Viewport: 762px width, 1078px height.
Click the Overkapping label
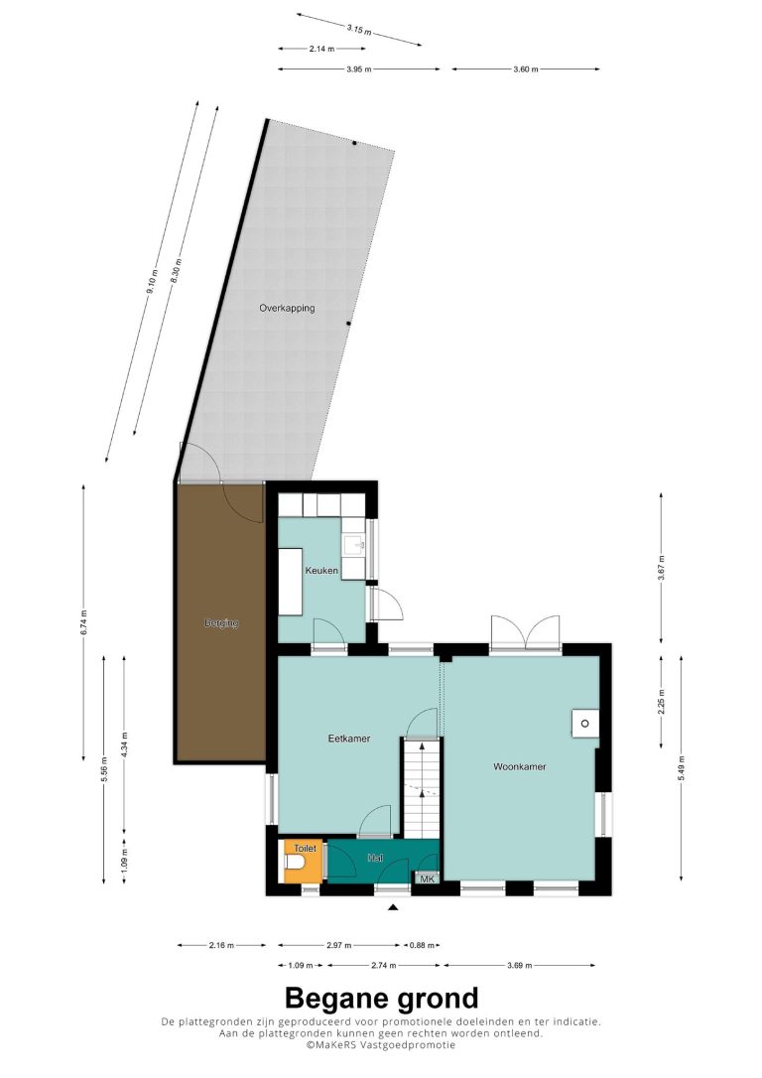click(287, 308)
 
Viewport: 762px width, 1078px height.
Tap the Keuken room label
click(321, 571)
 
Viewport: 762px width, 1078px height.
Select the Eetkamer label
click(349, 739)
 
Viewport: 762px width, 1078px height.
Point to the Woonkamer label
click(520, 766)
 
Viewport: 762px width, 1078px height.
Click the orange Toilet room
click(303, 860)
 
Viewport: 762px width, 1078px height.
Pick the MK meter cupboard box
click(427, 878)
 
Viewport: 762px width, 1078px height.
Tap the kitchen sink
click(354, 545)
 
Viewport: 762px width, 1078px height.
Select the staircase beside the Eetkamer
click(421, 788)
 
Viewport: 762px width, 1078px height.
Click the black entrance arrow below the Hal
click(393, 907)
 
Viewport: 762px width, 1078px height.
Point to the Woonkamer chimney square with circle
click(585, 724)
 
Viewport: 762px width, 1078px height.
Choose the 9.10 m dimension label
click(152, 282)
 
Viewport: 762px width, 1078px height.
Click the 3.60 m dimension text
click(526, 68)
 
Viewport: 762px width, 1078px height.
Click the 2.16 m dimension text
click(221, 945)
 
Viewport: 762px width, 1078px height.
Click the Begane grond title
click(381, 998)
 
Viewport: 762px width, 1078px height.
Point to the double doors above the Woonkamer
click(526, 632)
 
